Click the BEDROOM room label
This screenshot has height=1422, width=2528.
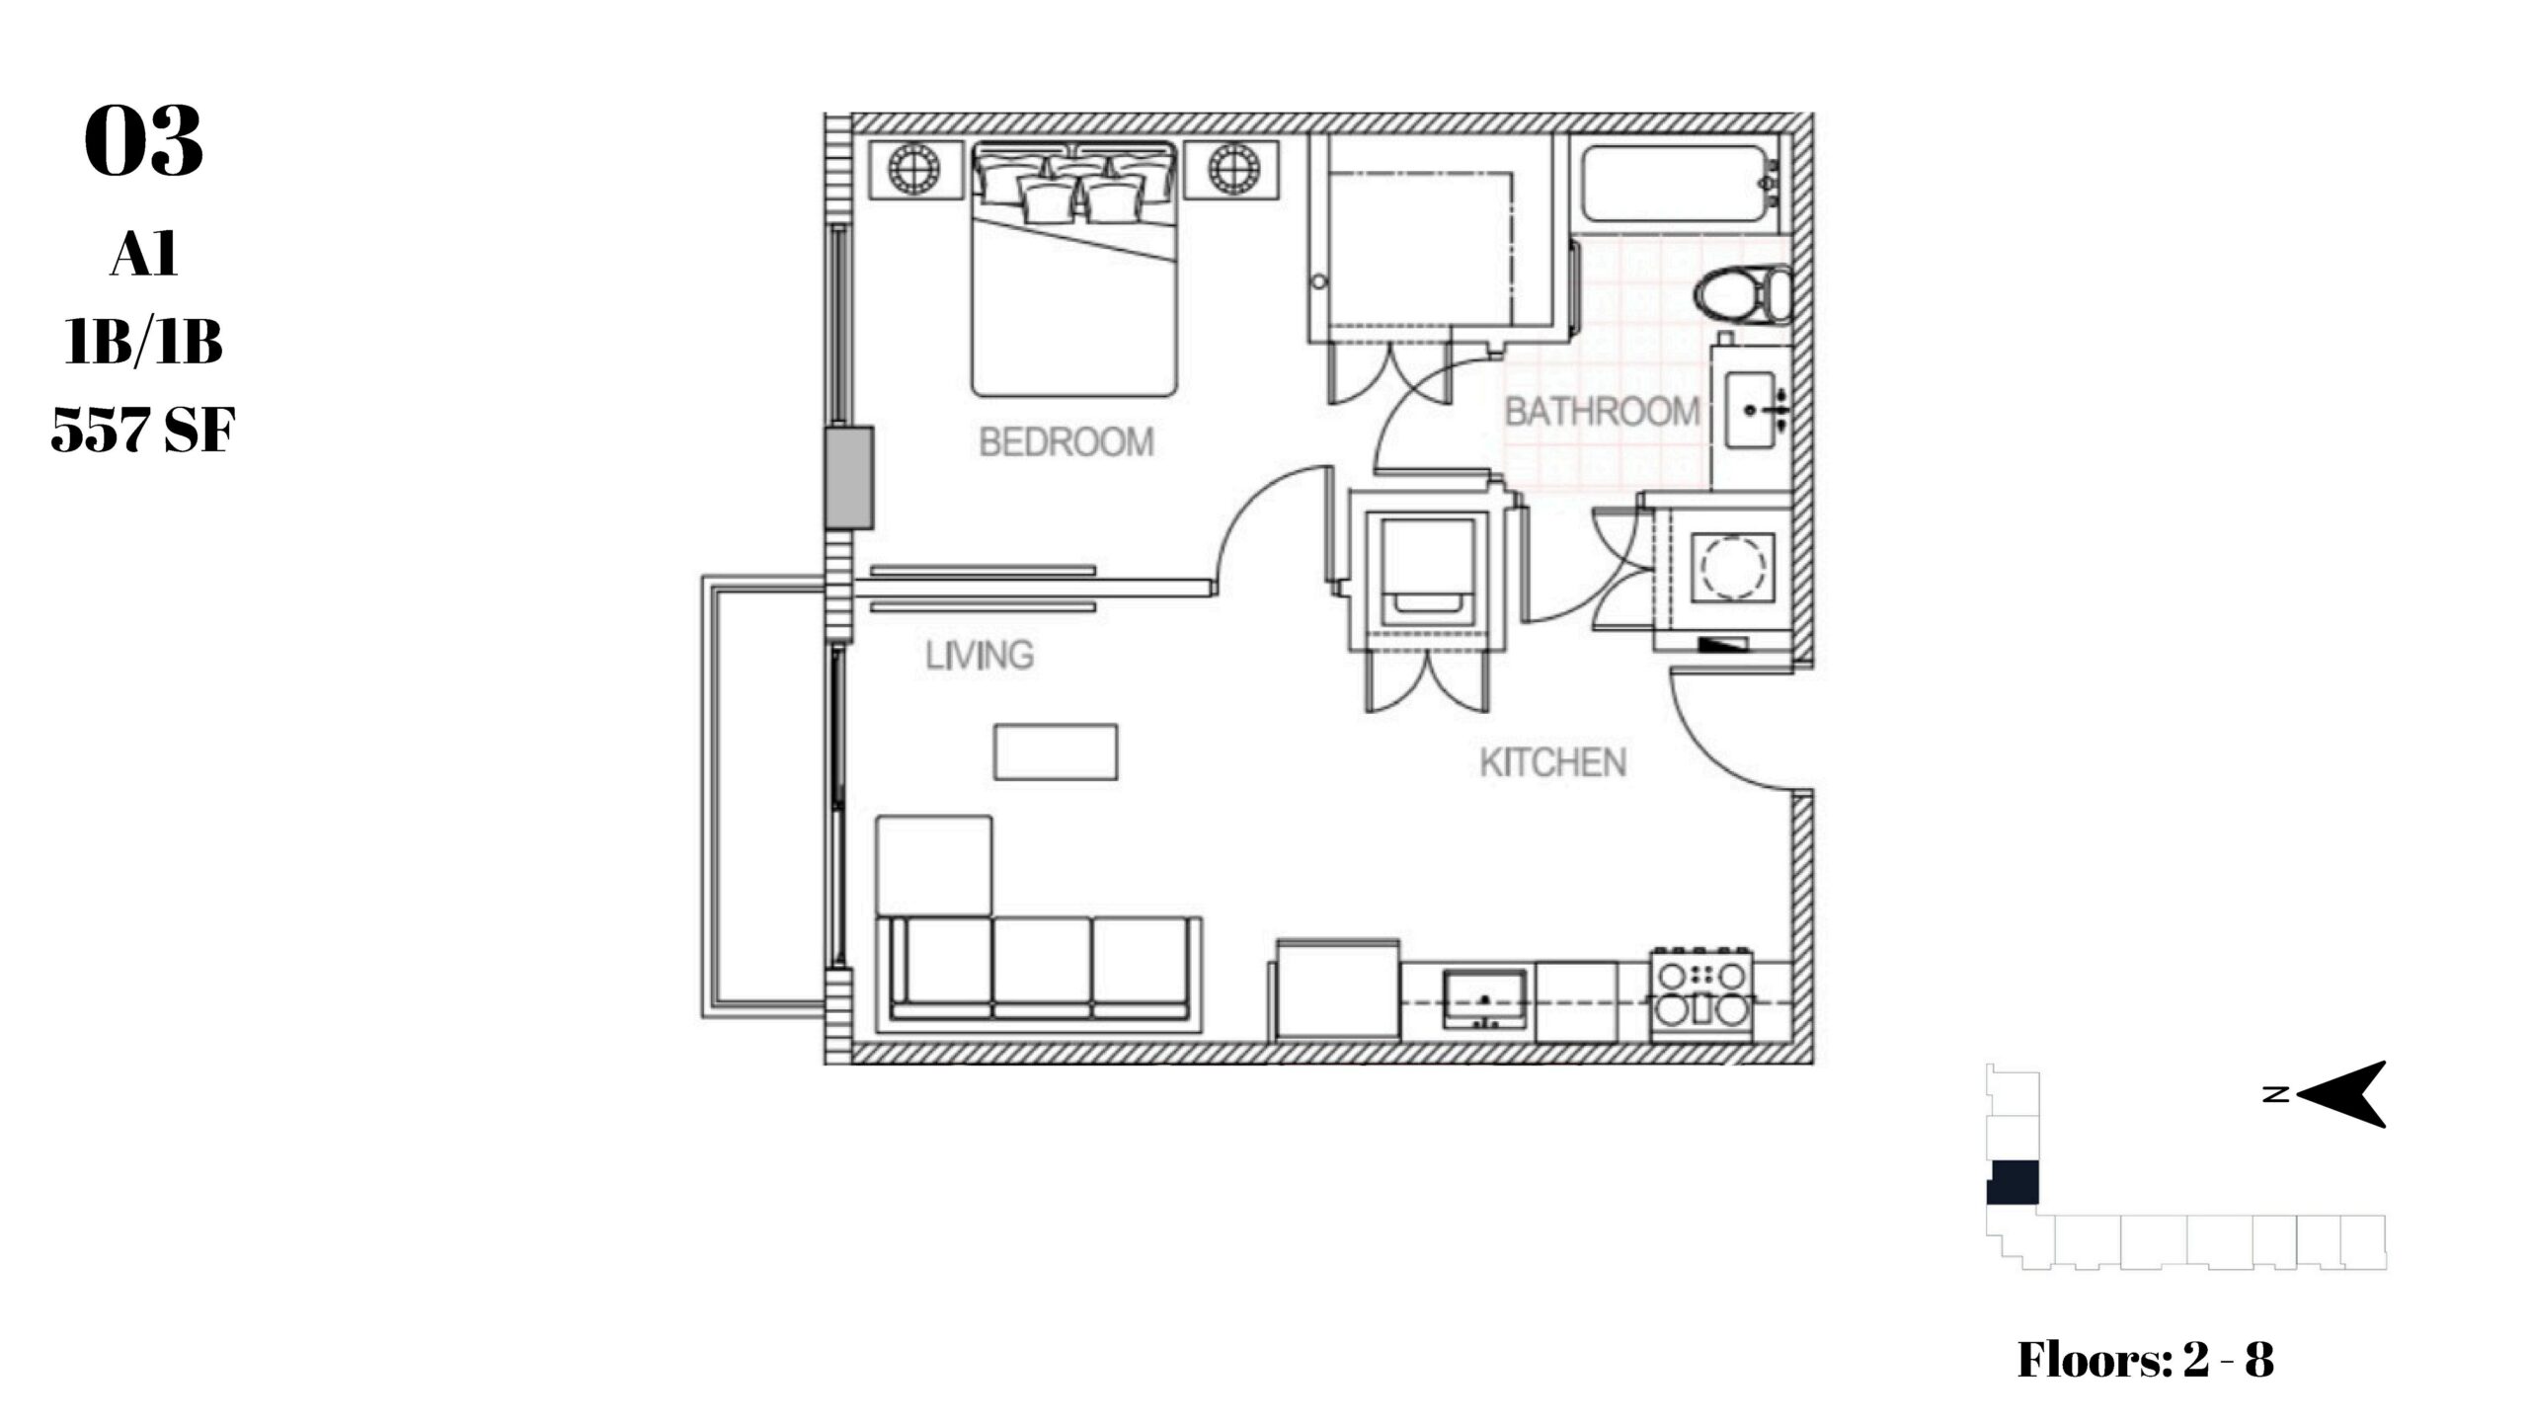tap(1066, 441)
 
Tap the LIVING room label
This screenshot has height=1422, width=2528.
tap(980, 656)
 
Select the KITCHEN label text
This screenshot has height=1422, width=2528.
tap(1552, 762)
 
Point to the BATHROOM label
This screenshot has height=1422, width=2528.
tap(1602, 411)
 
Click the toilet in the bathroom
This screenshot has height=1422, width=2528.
tap(1744, 295)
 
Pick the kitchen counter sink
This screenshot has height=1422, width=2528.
tap(1484, 998)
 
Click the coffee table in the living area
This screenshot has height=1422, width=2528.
tap(1056, 751)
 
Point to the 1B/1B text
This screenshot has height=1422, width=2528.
tap(144, 343)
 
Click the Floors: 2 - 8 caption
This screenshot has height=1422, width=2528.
tap(2145, 1359)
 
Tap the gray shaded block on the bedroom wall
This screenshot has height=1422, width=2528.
tap(849, 477)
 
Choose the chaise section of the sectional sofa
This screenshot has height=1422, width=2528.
tap(934, 864)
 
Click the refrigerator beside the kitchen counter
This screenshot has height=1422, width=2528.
tap(1338, 989)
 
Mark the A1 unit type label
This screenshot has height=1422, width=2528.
tap(144, 256)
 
